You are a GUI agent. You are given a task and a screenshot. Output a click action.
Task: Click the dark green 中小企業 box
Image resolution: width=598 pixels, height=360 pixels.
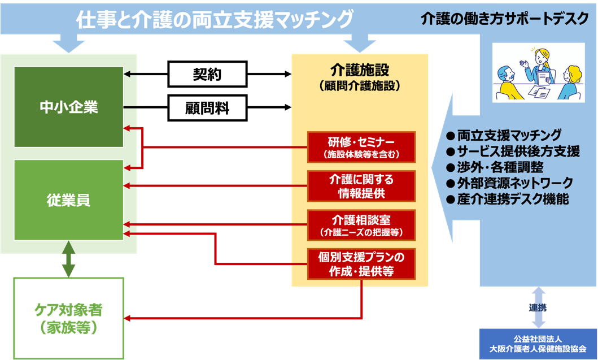(x=68, y=107)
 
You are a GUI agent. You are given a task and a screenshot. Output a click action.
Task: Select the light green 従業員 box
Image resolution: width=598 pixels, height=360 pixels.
(x=68, y=199)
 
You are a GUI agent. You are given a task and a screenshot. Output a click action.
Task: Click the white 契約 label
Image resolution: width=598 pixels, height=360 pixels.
(x=207, y=74)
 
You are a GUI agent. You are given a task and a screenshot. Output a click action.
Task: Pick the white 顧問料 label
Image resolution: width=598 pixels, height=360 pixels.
(x=207, y=108)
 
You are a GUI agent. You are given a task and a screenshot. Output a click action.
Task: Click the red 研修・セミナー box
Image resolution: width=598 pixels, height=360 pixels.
(x=361, y=146)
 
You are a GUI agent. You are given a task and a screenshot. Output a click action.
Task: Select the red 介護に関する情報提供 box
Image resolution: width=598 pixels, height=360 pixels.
(x=361, y=186)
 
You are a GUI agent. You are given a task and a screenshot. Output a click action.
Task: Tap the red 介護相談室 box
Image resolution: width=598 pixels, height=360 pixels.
(x=361, y=225)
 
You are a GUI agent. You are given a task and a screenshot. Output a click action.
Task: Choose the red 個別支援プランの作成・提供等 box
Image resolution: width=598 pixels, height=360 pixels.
(x=361, y=264)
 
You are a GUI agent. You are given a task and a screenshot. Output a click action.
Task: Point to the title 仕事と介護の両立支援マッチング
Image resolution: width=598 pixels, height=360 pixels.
(x=215, y=19)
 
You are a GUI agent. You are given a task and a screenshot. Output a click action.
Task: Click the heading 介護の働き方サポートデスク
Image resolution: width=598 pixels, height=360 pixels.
(x=505, y=19)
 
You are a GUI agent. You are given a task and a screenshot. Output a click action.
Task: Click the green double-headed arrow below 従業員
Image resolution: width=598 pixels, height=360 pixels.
(x=68, y=259)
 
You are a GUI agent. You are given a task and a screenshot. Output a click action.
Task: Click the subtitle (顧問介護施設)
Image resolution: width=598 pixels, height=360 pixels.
(x=360, y=86)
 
